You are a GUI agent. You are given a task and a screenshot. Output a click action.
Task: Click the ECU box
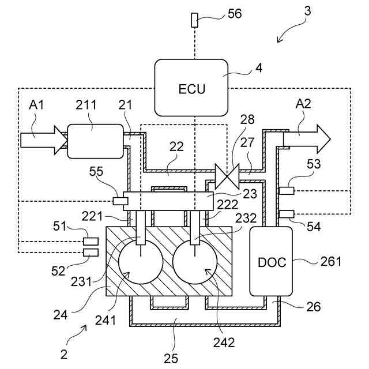click(x=191, y=88)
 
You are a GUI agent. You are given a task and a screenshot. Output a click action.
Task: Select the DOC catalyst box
click(x=271, y=261)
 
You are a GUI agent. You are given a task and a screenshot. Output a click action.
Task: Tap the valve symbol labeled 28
click(x=227, y=176)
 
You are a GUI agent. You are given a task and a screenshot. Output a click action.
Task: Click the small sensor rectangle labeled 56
click(x=194, y=20)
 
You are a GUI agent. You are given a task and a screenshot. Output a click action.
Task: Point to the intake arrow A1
click(x=44, y=140)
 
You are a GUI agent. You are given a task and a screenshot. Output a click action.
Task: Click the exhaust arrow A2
click(x=307, y=139)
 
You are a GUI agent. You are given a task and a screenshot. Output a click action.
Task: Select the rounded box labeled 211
click(x=95, y=141)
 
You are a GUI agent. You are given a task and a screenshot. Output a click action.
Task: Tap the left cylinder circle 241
click(x=141, y=262)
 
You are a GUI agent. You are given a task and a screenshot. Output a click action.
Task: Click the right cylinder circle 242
click(x=195, y=262)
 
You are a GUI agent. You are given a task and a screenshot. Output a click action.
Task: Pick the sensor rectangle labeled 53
click(x=287, y=191)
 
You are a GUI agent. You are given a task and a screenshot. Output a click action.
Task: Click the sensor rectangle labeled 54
click(x=287, y=214)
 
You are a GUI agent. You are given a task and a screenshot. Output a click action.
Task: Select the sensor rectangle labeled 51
click(x=91, y=242)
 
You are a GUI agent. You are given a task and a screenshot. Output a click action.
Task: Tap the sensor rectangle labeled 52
click(x=91, y=253)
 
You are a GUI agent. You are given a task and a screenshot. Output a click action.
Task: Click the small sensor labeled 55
click(x=121, y=201)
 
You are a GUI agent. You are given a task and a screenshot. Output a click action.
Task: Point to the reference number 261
click(x=331, y=261)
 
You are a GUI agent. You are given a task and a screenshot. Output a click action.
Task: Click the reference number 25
click(x=171, y=359)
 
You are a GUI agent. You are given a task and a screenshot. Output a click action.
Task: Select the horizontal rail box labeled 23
click(x=168, y=201)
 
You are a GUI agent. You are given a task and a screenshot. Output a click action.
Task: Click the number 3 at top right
click(x=307, y=11)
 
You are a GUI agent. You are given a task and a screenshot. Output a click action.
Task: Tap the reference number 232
click(x=246, y=218)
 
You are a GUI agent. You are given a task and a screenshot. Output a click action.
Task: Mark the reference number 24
click(x=61, y=315)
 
